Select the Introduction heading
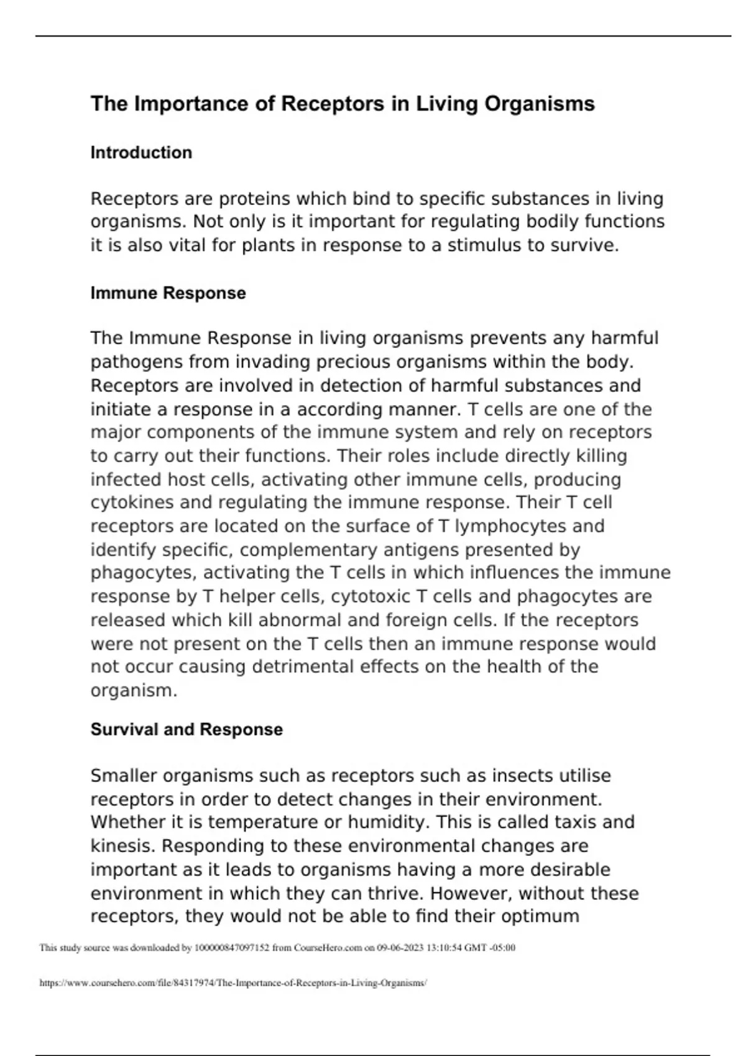click(x=141, y=153)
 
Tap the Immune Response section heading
click(x=168, y=293)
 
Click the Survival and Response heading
click(x=186, y=729)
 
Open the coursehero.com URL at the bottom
click(x=233, y=983)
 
